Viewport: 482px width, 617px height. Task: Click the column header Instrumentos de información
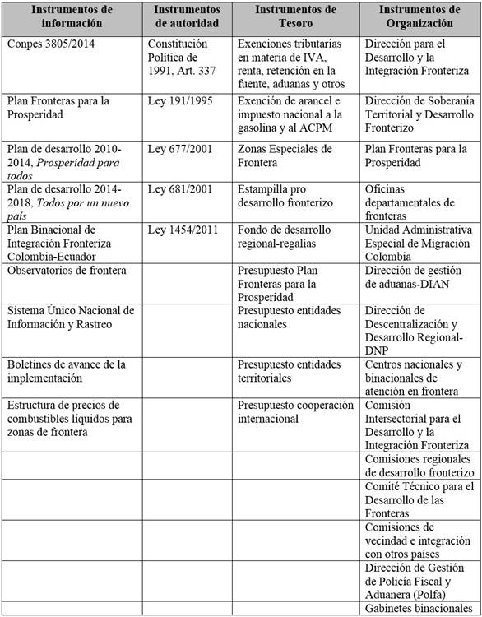click(72, 16)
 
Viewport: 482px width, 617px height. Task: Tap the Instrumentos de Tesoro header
click(294, 16)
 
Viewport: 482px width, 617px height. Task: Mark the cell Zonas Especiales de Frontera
click(285, 155)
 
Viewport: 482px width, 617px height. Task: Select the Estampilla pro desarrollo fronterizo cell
click(285, 196)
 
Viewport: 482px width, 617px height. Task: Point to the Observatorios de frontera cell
click(59, 270)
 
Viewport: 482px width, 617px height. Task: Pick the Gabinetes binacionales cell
click(418, 609)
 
